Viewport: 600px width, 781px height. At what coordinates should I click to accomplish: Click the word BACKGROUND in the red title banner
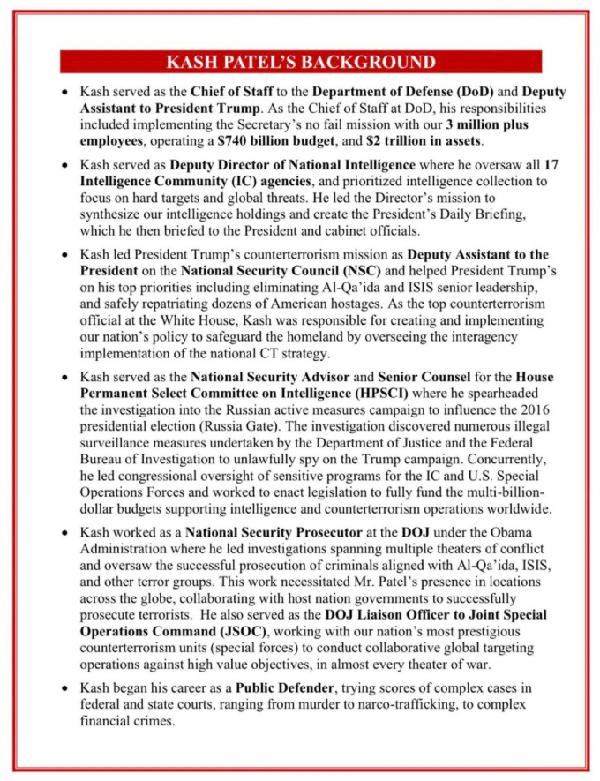[x=370, y=63]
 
